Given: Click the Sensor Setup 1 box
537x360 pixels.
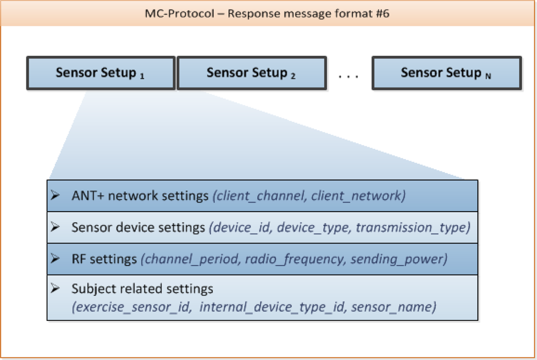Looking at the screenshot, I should [100, 73].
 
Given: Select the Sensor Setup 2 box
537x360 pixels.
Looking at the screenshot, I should [251, 73].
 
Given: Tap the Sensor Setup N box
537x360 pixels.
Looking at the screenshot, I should [446, 73].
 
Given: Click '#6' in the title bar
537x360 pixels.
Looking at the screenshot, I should [381, 13].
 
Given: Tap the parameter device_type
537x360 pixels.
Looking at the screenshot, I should [309, 228].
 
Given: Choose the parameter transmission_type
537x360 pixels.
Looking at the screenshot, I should [411, 228].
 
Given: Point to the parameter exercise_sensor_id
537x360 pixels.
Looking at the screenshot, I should [130, 308].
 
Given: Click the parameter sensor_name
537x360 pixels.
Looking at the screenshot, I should [397, 308].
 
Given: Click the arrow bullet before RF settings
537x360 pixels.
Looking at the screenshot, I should [55, 259].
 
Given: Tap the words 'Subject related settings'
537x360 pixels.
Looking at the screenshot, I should [142, 289].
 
